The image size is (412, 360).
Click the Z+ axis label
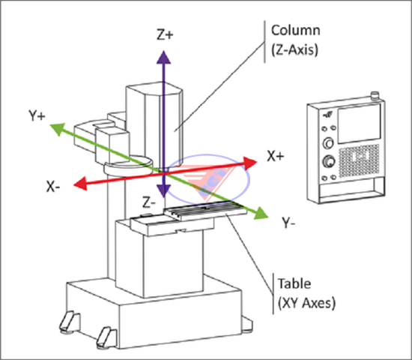click(x=165, y=34)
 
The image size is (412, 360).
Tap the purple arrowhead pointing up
click(x=164, y=57)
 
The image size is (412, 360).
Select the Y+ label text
click(x=37, y=115)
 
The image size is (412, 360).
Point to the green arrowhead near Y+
click(x=58, y=129)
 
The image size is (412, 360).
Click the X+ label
click(x=276, y=156)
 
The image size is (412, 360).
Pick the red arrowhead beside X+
click(x=249, y=163)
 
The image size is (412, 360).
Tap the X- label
click(x=53, y=187)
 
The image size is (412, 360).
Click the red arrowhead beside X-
click(x=80, y=183)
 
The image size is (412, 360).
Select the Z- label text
click(x=149, y=202)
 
